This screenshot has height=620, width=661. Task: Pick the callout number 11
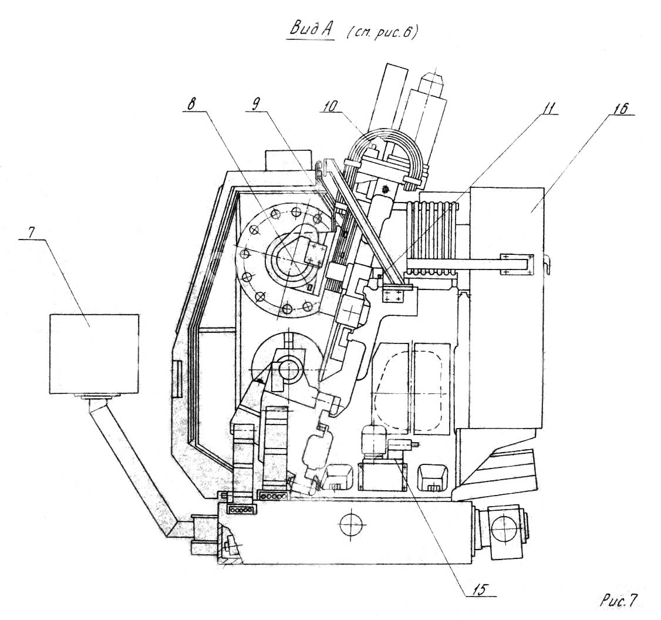pos(547,108)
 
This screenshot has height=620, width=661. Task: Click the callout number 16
pos(620,108)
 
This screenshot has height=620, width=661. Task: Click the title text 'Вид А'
pos(311,29)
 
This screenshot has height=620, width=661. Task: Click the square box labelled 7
pos(94,354)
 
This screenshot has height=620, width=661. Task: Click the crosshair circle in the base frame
pos(350,525)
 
